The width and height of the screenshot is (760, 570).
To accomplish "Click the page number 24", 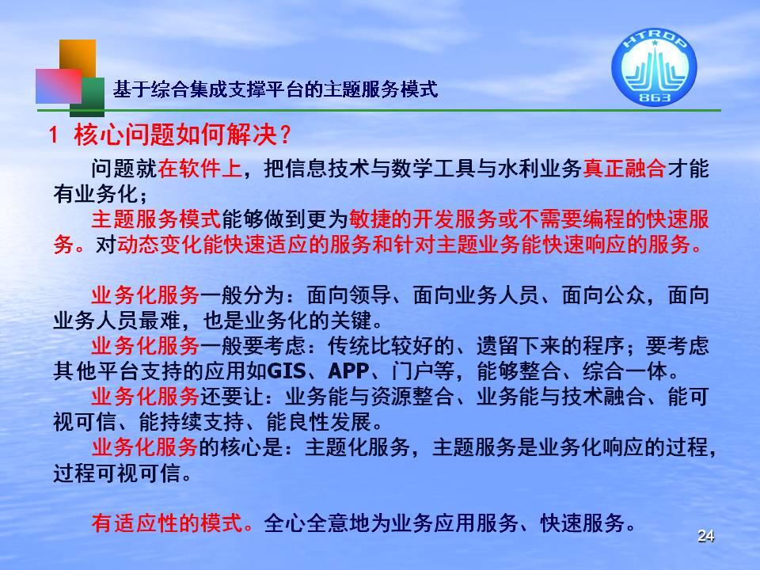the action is tap(705, 536).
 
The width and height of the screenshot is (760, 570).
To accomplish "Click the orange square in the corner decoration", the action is tap(78, 59).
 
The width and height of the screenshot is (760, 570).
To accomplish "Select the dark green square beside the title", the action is tap(87, 97).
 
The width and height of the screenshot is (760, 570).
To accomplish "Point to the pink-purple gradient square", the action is tap(59, 85).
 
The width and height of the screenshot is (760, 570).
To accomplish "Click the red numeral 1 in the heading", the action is tap(54, 135).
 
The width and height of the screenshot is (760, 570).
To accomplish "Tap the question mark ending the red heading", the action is tap(285, 135).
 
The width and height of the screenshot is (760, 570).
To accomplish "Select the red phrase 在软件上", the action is tap(200, 169).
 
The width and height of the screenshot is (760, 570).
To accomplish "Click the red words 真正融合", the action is tap(625, 169).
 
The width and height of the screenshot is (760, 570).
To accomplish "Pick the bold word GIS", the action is tap(287, 371).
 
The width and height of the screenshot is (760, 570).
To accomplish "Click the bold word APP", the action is tap(348, 371).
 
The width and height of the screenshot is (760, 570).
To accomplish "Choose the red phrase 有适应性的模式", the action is tap(167, 523).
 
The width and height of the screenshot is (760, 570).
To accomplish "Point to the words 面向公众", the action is tap(603, 295).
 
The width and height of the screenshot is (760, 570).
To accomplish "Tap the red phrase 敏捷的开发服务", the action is tap(423, 219).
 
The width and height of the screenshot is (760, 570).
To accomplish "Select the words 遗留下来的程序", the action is tap(550, 346).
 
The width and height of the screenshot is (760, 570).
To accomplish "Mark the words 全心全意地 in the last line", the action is tap(317, 523).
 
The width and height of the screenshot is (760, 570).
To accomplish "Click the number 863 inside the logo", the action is tap(655, 97).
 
